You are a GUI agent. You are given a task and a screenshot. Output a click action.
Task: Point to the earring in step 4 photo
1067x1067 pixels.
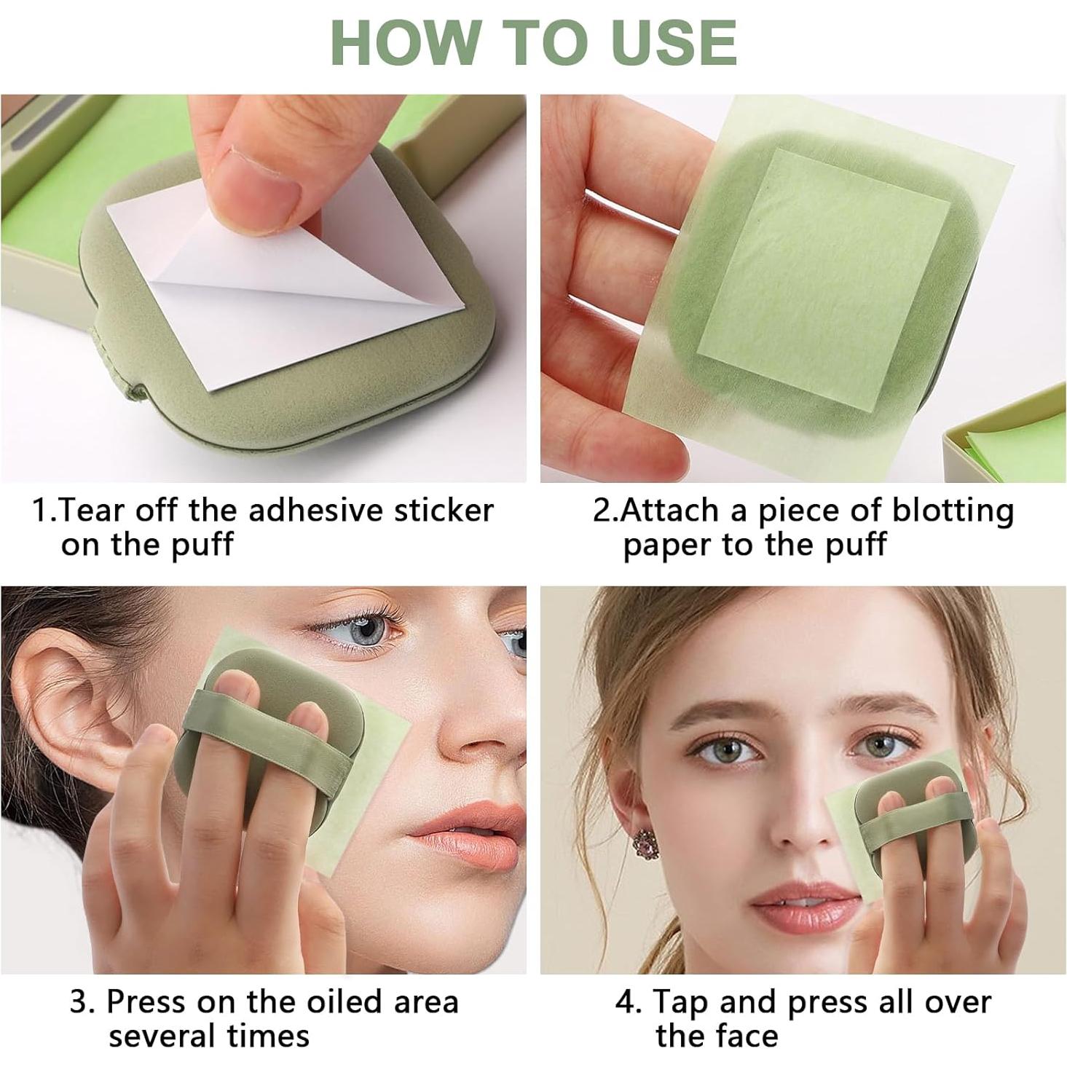pyautogui.click(x=645, y=845)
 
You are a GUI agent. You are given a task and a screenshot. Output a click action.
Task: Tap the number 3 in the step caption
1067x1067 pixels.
pyautogui.click(x=82, y=1002)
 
